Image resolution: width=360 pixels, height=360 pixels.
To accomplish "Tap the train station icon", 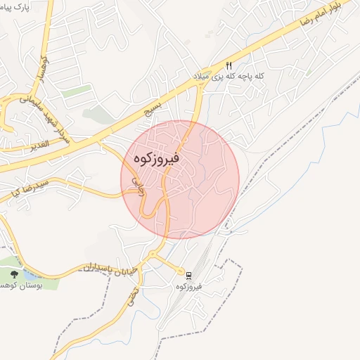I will (188, 274).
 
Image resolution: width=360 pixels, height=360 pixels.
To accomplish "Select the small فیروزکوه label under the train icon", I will (190, 286).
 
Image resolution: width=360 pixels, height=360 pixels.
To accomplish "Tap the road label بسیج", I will (151, 111).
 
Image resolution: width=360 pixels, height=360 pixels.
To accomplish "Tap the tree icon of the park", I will (15, 274).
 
